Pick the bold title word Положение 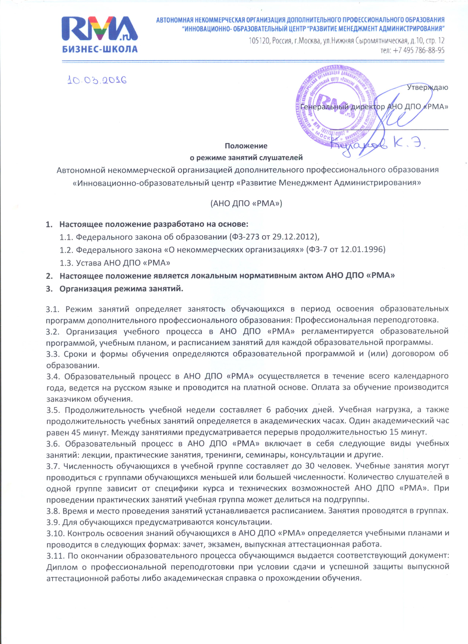click(246, 146)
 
